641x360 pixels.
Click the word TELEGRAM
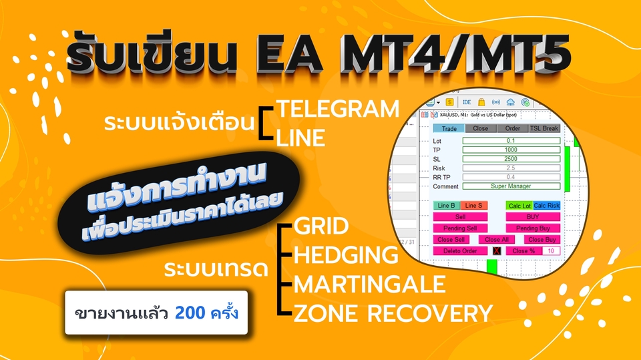coord(338,108)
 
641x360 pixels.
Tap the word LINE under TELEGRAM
coord(301,138)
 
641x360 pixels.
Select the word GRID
coord(322,226)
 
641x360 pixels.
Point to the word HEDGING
coord(346,255)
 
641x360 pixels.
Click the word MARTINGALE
coord(370,284)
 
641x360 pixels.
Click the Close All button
coord(497,239)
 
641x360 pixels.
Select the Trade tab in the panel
coord(449,128)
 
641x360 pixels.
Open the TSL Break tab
coord(544,128)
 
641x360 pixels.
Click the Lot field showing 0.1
coord(511,141)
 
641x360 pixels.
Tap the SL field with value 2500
coord(511,159)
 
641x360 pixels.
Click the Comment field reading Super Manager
coord(511,186)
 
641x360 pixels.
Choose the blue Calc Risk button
coord(547,205)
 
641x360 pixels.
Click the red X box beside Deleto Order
coord(496,250)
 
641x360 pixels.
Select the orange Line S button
coord(474,205)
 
